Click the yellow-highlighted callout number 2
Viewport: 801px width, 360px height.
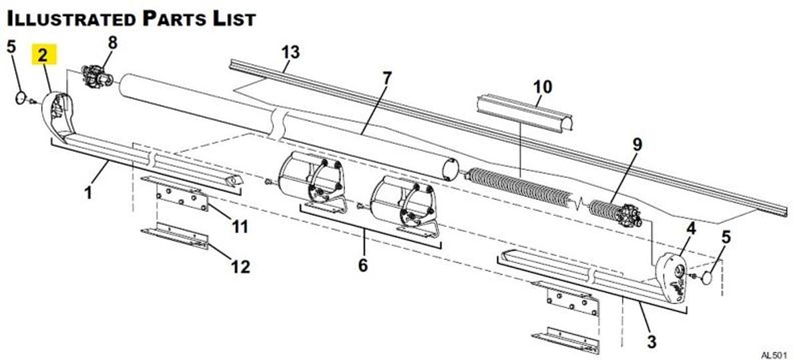(x=43, y=55)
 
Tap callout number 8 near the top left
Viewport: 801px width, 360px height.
(x=111, y=42)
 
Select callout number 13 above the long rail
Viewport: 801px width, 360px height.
(x=290, y=51)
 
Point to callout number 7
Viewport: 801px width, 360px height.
(x=385, y=77)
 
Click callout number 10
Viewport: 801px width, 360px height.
(x=543, y=86)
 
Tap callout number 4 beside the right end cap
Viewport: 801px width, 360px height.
(x=691, y=228)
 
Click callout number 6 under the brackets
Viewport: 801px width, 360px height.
(x=362, y=265)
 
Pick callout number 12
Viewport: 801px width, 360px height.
(x=240, y=267)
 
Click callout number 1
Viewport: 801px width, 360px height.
(x=87, y=194)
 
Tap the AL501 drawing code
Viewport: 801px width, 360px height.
(x=775, y=354)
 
